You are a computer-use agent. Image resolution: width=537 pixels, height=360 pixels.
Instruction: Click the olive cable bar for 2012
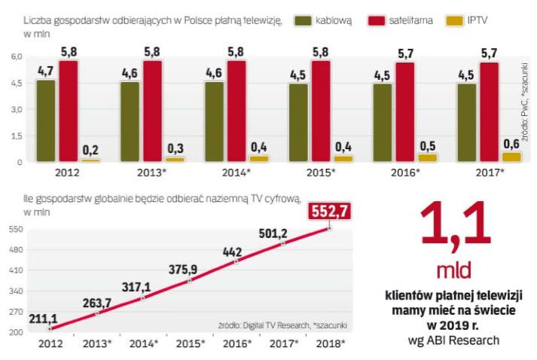tap(45, 121)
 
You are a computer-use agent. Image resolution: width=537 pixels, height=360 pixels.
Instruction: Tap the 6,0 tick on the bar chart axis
tap(14, 57)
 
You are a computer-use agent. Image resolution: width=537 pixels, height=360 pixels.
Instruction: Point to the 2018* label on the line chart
tap(328, 343)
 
